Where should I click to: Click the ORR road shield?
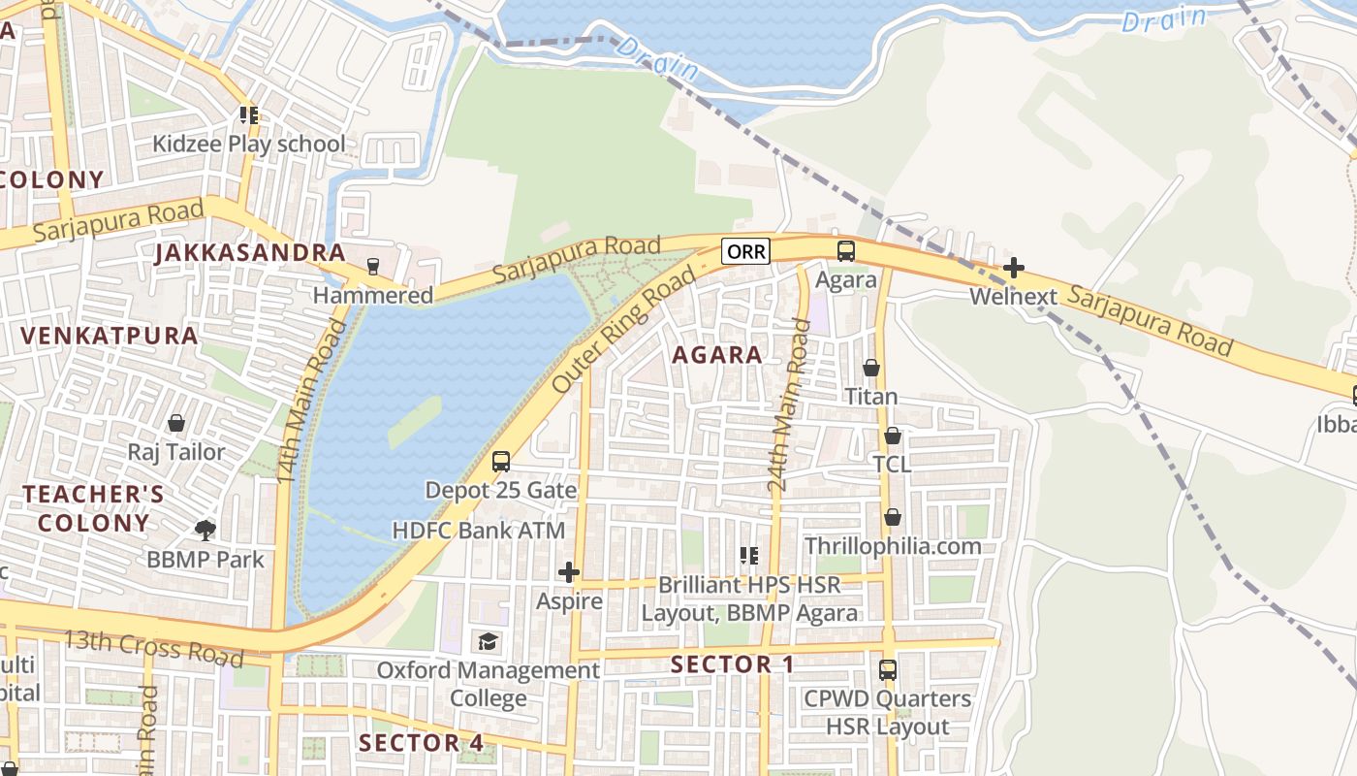pos(746,252)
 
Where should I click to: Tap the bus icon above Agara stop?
pos(846,251)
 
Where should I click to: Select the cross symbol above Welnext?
pos(1014,267)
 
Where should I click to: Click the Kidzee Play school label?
pos(248,145)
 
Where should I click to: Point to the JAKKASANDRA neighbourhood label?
pos(250,253)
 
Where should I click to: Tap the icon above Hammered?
pos(373,266)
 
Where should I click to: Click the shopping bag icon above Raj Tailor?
pos(176,423)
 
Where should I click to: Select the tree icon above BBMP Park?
pos(205,530)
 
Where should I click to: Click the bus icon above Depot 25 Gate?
pos(501,462)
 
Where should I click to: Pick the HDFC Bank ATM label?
pos(478,531)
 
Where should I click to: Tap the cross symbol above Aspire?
pos(569,572)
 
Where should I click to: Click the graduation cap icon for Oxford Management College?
pos(488,641)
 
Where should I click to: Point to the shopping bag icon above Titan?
pos(871,368)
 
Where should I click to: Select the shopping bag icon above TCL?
pos(892,436)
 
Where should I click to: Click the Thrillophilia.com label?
pos(893,546)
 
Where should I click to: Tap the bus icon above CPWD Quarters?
pos(887,669)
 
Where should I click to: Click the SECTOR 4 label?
pos(422,743)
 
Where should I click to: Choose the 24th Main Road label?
pos(787,404)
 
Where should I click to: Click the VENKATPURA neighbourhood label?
pos(110,337)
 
